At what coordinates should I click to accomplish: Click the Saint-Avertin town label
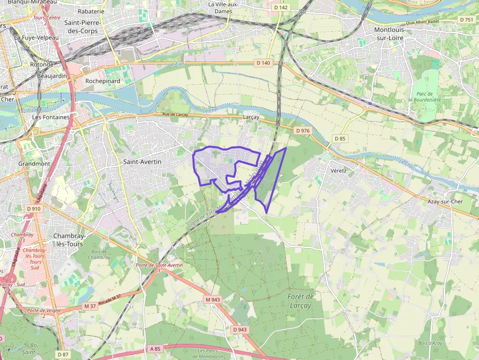(142, 161)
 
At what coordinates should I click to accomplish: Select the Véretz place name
(338, 170)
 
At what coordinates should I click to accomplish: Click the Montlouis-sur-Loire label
(394, 34)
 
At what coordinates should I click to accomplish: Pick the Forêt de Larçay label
(301, 301)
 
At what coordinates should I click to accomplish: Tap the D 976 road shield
(303, 130)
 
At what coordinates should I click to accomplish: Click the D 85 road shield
(340, 139)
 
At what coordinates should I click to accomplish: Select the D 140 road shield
(263, 63)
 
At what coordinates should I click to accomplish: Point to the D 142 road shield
(281, 7)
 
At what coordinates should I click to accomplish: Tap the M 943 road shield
(213, 299)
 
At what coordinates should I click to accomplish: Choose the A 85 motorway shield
(155, 349)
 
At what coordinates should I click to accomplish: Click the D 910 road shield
(33, 209)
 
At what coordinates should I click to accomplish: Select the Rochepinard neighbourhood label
(103, 81)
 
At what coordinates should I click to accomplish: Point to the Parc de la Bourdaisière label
(425, 96)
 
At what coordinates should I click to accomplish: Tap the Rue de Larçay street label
(175, 115)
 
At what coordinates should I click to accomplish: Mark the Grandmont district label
(34, 164)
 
